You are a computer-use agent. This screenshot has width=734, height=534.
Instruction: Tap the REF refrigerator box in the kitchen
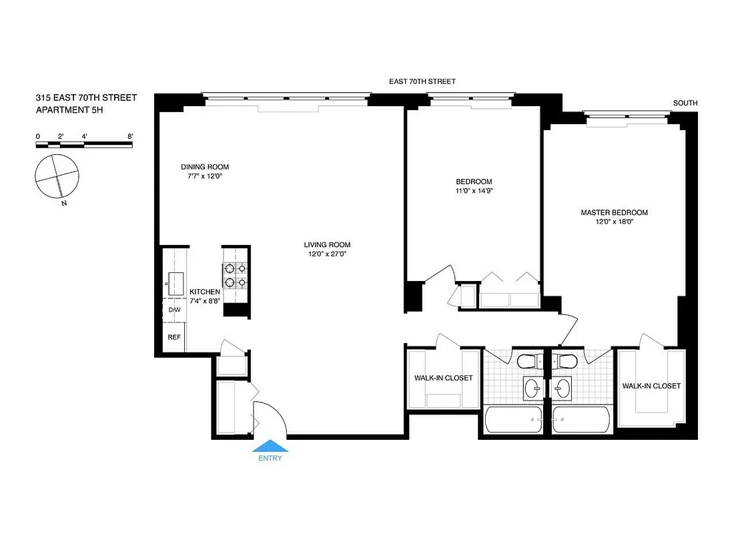(x=174, y=337)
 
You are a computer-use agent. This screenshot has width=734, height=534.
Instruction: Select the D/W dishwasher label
(x=174, y=310)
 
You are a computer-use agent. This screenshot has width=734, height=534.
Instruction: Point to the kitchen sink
(x=177, y=284)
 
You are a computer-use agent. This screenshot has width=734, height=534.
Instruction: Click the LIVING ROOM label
(x=327, y=244)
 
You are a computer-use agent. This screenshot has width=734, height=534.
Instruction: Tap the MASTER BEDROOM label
(x=614, y=213)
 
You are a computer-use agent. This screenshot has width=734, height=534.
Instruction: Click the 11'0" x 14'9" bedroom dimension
(x=474, y=191)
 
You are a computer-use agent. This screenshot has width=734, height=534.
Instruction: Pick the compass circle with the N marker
(x=57, y=176)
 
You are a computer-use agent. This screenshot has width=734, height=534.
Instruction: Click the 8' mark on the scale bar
(x=130, y=136)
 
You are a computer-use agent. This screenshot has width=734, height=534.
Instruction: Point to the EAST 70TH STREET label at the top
(x=422, y=81)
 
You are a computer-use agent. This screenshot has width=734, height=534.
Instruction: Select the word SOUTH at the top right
(x=685, y=103)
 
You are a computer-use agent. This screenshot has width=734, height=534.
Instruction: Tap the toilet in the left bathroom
(x=532, y=362)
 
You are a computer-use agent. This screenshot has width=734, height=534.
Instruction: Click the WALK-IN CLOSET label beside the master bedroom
(x=651, y=386)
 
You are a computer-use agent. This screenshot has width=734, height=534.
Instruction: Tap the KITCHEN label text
(x=204, y=292)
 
